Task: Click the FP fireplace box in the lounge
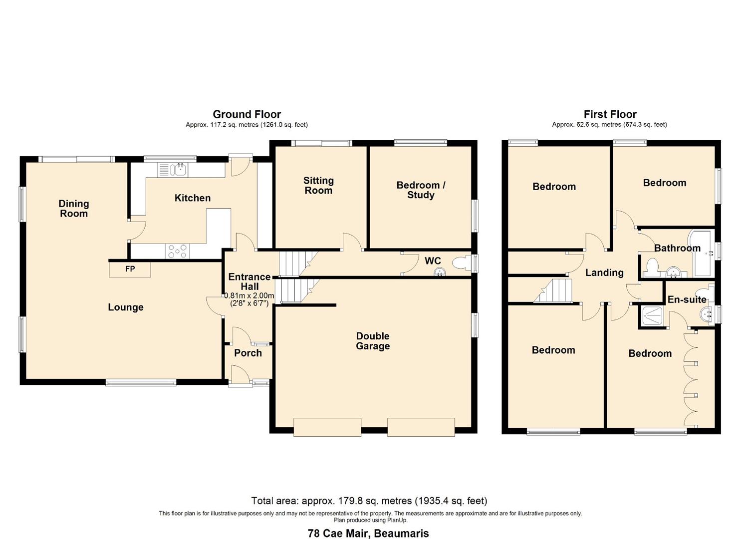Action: (130, 269)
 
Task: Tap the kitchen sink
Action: (178, 170)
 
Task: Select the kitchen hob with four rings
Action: (178, 251)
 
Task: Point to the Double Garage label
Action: (373, 341)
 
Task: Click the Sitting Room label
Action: (318, 185)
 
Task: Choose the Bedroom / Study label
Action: (421, 190)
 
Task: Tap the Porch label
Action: (248, 353)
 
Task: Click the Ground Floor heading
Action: (247, 114)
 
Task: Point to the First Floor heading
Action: (610, 114)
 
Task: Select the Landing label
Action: (604, 272)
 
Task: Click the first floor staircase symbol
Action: (553, 291)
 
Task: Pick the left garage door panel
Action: (327, 427)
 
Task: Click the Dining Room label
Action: (74, 208)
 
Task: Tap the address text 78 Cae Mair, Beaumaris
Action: (368, 533)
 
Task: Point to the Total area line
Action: (369, 501)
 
